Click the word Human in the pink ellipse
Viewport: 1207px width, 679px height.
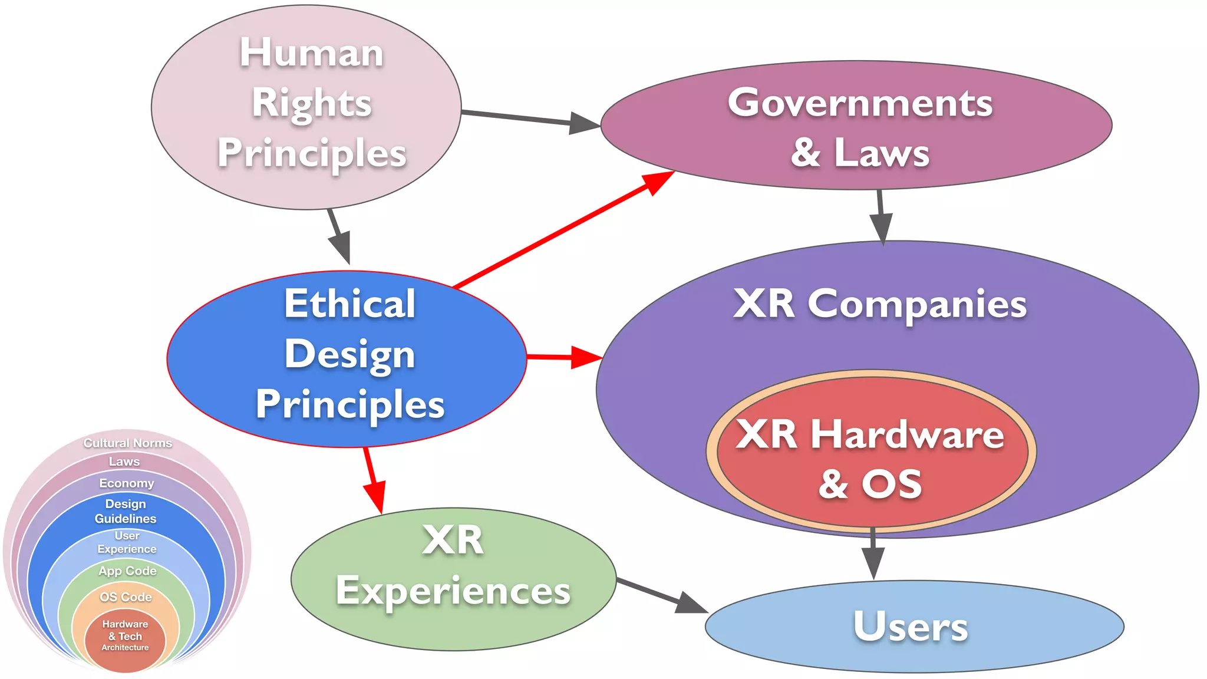[311, 53]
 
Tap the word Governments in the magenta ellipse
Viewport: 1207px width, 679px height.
[859, 103]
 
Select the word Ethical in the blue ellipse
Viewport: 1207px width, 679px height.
[350, 304]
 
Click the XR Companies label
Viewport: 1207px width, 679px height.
[879, 304]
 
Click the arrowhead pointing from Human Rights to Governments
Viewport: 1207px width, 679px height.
[584, 123]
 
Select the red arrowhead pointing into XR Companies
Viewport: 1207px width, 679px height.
[586, 357]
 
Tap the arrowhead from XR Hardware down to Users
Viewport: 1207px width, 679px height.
[873, 562]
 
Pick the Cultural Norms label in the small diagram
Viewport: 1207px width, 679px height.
[127, 443]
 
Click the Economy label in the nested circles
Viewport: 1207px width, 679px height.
[126, 483]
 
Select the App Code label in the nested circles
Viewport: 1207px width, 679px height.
[127, 571]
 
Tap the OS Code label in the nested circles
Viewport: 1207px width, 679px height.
[126, 596]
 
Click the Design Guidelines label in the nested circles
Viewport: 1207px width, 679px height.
[126, 511]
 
